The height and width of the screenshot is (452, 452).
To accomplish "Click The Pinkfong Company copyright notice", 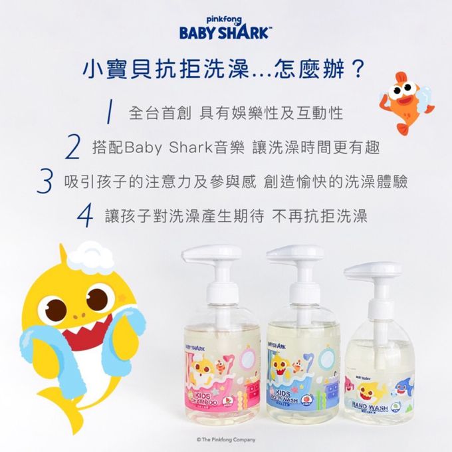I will click(x=225, y=439).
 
